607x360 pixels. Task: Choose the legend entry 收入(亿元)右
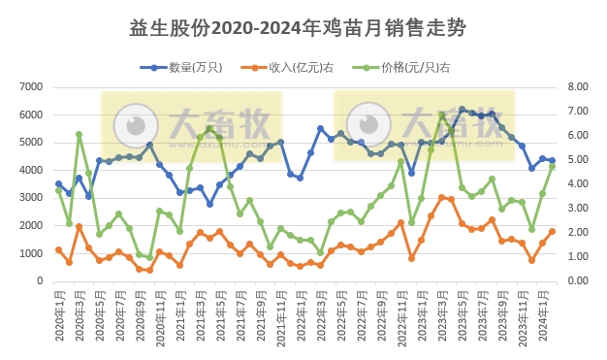point(297,67)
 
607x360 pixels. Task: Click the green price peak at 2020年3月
point(79,135)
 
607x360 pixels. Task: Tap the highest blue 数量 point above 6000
point(462,110)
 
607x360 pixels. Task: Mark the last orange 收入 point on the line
point(552,231)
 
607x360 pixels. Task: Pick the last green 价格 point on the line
point(552,166)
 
